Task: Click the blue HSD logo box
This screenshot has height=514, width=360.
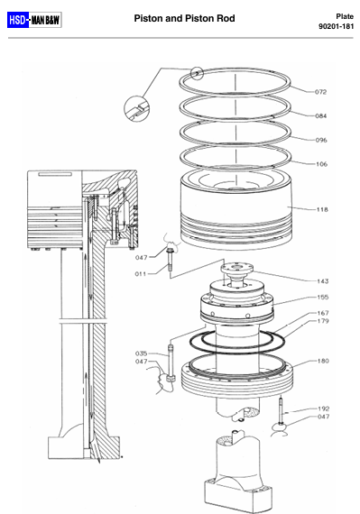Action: pyautogui.click(x=18, y=20)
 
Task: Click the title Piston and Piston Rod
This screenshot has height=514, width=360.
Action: pyautogui.click(x=184, y=18)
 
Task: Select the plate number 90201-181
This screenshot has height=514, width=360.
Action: pyautogui.click(x=336, y=26)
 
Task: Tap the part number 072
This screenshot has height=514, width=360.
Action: pyautogui.click(x=320, y=92)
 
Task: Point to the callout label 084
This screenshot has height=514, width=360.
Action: pyautogui.click(x=321, y=116)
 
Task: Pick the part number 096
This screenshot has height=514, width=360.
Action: pyautogui.click(x=321, y=141)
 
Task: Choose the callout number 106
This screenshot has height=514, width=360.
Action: pyautogui.click(x=321, y=164)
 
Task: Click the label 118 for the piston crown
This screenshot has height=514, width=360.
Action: pyautogui.click(x=322, y=210)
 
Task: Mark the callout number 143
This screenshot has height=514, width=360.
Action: pyautogui.click(x=323, y=281)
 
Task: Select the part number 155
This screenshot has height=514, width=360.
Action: pyautogui.click(x=323, y=298)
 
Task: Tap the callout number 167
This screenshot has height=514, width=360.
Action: pyautogui.click(x=323, y=313)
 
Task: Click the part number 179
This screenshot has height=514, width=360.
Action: pyautogui.click(x=323, y=321)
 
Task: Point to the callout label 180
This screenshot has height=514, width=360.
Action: pyautogui.click(x=323, y=361)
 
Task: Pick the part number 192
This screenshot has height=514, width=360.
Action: pyautogui.click(x=324, y=408)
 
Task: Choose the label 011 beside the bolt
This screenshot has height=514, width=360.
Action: pyautogui.click(x=141, y=274)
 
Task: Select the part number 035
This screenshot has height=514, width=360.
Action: pyautogui.click(x=142, y=353)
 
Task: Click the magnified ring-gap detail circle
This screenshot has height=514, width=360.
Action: pyautogui.click(x=137, y=108)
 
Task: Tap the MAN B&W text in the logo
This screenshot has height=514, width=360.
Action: pyautogui.click(x=46, y=21)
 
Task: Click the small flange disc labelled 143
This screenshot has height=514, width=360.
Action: pyautogui.click(x=236, y=268)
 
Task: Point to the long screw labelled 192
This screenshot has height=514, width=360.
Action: pyautogui.click(x=281, y=410)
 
